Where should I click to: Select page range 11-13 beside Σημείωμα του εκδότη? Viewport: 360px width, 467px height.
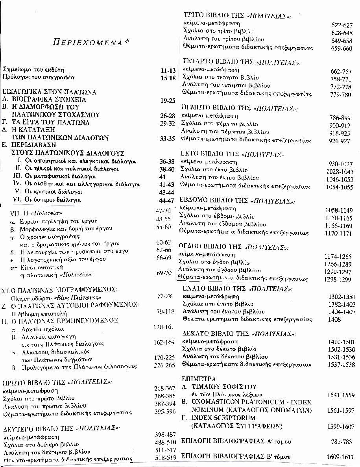click(x=168, y=70)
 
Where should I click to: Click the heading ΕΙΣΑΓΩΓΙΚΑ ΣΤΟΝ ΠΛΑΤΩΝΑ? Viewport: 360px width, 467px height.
click(x=49, y=92)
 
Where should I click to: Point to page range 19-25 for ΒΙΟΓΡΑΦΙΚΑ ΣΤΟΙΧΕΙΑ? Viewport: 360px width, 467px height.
click(x=168, y=100)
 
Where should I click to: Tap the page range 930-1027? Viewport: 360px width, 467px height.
click(x=341, y=164)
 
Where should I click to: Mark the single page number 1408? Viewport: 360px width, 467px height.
click(x=335, y=319)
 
